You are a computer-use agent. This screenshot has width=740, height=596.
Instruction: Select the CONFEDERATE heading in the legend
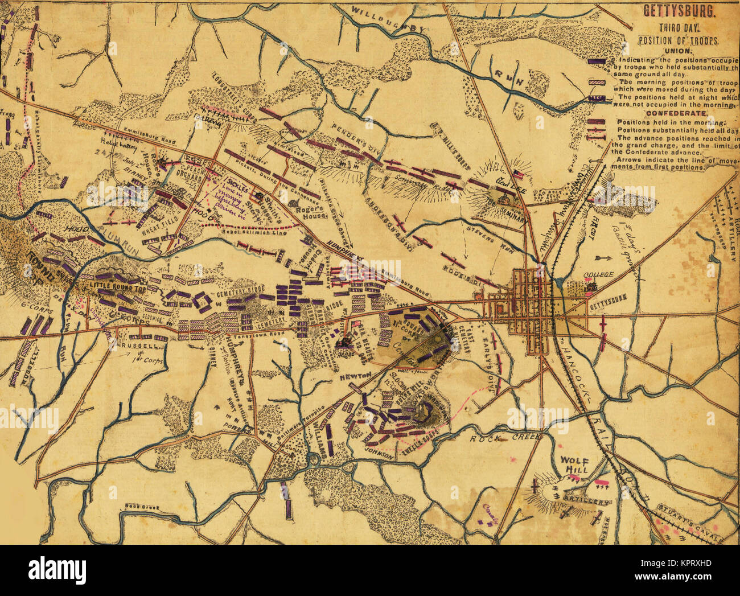673,113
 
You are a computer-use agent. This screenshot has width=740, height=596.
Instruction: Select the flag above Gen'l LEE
517,173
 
